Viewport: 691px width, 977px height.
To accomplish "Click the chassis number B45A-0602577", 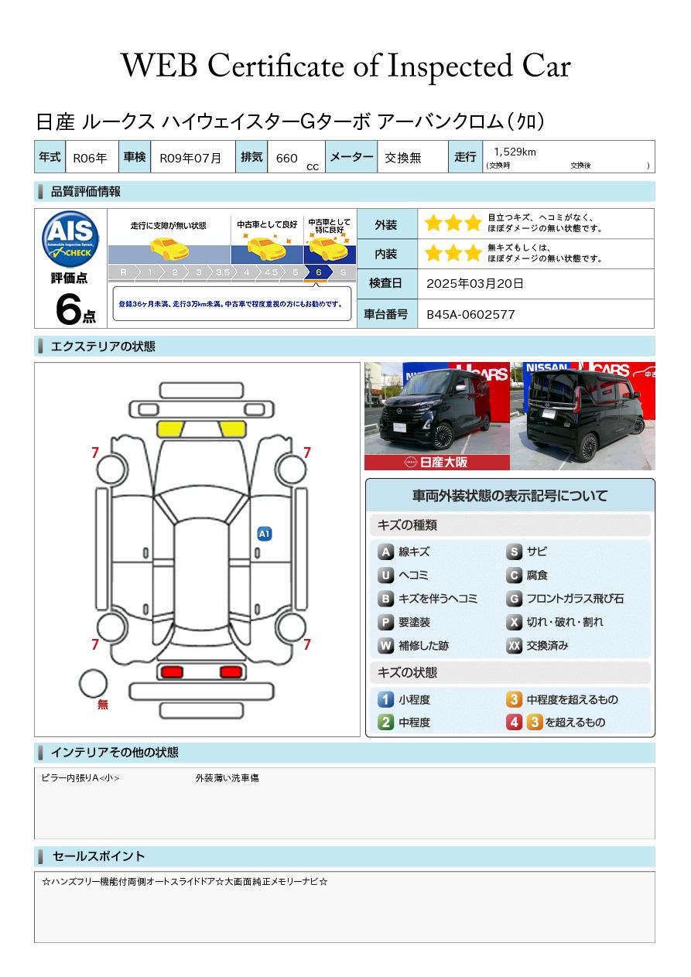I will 470,315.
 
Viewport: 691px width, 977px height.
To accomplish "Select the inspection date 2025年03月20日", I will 474,284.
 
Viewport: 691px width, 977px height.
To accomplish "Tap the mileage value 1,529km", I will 515,152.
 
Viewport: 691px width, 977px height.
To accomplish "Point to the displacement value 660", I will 286,158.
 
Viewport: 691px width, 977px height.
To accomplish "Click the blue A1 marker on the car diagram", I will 264,534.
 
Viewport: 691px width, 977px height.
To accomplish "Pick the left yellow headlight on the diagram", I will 169,429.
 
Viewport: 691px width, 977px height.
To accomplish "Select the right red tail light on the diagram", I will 230,671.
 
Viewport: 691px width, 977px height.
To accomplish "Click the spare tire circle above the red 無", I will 94,685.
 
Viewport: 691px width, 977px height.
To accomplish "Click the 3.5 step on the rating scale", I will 223,272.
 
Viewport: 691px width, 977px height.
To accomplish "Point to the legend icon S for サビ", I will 514,552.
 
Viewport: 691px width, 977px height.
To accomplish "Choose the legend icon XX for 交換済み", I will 514,646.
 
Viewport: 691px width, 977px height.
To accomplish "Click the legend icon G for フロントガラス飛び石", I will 514,599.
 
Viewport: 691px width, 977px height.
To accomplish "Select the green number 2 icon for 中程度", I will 385,723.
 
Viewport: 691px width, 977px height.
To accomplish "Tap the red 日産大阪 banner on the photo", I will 437,463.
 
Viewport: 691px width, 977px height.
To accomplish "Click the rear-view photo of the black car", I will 583,415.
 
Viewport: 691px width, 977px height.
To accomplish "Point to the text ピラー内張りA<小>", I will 80,778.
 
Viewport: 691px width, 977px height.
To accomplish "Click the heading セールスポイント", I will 98,856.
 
